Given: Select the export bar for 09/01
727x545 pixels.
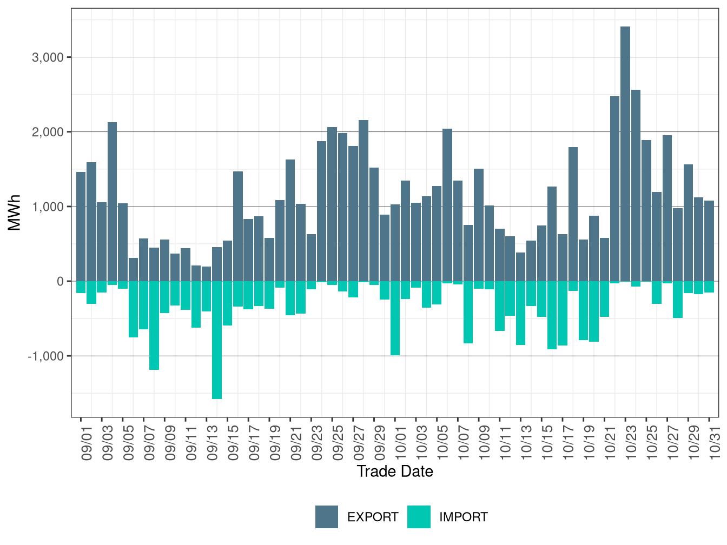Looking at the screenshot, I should coord(81,227).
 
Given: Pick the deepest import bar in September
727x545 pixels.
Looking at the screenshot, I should coord(217,340).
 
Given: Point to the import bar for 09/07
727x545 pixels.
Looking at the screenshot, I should coord(143,305).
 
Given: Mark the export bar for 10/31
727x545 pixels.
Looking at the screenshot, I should coord(709,241).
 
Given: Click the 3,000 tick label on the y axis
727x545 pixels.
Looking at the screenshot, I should coord(48,57).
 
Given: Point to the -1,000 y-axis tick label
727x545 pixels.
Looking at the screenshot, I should coord(45,356).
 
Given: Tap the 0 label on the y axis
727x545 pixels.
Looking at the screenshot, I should coord(60,282).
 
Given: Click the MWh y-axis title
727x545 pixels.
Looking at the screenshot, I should coord(15,212).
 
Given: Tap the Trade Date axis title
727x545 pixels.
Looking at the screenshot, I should coord(395,471).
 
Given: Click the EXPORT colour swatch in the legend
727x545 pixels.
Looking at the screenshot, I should coord(327,517).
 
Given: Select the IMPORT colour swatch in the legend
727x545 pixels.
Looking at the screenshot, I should coord(419,517).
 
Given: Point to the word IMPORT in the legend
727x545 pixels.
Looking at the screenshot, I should coord(463,517).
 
